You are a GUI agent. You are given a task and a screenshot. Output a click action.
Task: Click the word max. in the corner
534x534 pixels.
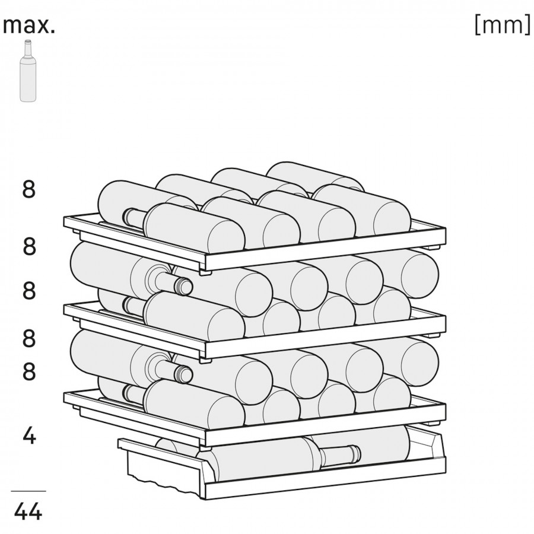28,26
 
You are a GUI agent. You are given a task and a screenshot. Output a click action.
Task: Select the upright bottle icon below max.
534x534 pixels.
27,71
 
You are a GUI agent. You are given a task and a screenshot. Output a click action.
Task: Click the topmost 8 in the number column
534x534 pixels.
29,189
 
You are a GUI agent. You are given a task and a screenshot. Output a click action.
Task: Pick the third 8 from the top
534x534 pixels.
29,291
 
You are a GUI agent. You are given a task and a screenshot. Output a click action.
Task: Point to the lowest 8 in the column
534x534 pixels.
29,371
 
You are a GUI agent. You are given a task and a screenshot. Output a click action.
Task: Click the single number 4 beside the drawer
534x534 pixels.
29,436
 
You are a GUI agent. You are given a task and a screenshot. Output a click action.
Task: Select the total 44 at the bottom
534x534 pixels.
28,511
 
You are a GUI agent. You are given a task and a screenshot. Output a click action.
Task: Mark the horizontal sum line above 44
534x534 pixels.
28,491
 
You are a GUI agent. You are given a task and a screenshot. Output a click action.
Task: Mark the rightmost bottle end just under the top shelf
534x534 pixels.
420,274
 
